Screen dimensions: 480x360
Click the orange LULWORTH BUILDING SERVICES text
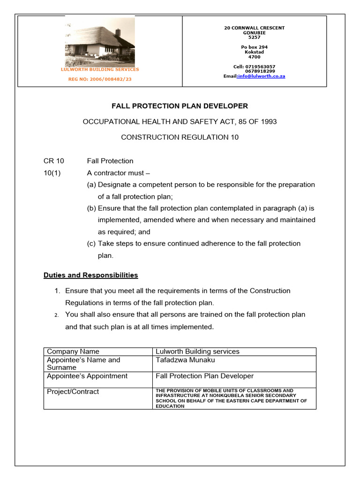[x=100, y=69]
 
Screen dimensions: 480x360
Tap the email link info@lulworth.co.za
[x=261, y=76]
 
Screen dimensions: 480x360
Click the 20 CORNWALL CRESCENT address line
[x=254, y=28]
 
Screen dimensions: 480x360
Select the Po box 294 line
[x=254, y=47]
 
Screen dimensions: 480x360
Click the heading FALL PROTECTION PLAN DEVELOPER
[x=180, y=106]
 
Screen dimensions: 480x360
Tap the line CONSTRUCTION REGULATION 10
[x=180, y=137]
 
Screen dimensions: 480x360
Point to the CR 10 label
[x=53, y=161]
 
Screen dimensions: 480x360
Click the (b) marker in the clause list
[x=91, y=208]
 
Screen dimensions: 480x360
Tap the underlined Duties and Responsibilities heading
[x=90, y=275]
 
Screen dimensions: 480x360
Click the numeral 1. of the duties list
[x=58, y=291]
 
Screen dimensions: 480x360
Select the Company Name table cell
[x=73, y=352]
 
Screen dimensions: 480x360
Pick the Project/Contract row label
[x=73, y=392]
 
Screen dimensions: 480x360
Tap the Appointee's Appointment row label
[x=87, y=376]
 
